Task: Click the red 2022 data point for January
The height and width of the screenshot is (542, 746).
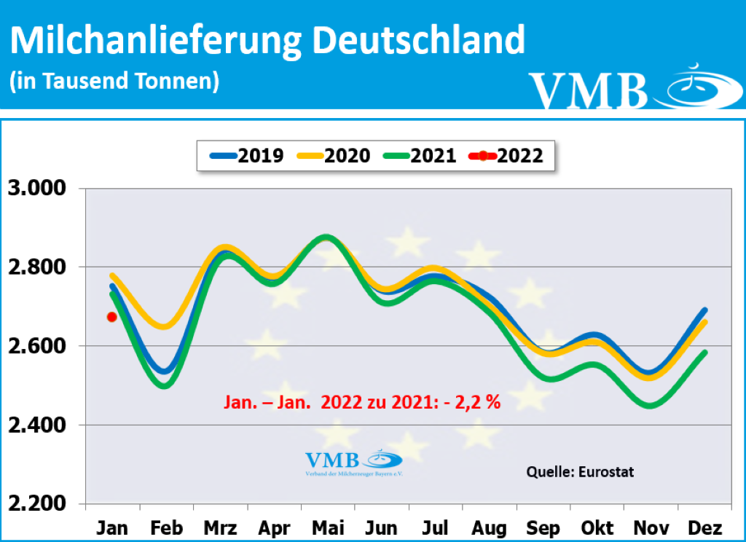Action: click(x=111, y=316)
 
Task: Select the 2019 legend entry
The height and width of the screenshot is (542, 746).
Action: click(x=247, y=155)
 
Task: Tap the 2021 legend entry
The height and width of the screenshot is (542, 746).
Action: click(x=419, y=155)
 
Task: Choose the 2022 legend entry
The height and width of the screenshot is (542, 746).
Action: click(x=506, y=155)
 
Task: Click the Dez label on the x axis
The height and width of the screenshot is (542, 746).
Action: click(x=704, y=527)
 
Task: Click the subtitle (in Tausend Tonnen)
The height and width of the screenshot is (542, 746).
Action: click(x=114, y=81)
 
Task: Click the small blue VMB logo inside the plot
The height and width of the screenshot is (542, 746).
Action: click(x=353, y=463)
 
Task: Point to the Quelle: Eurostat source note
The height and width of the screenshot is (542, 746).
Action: click(x=580, y=471)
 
